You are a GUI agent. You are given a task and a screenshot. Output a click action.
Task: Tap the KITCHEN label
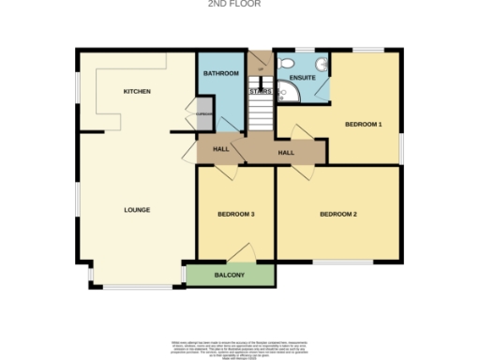click(138, 91)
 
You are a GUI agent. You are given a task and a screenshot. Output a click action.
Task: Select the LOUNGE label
click(138, 210)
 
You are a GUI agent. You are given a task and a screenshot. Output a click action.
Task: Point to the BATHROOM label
click(222, 73)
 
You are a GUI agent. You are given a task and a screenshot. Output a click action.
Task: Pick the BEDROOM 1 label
click(363, 124)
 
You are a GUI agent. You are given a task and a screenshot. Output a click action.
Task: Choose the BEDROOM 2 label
click(338, 215)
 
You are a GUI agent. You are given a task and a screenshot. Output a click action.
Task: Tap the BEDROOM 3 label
click(236, 215)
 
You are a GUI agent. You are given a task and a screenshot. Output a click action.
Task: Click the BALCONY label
click(229, 275)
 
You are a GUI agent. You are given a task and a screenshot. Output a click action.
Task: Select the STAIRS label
click(260, 92)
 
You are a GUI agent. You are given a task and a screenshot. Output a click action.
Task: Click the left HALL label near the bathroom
click(221, 149)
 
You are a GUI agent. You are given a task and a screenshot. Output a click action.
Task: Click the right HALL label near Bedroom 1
click(286, 152)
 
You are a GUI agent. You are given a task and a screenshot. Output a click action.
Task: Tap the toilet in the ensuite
click(320, 64)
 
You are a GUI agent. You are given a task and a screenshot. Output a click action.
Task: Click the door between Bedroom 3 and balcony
click(245, 251)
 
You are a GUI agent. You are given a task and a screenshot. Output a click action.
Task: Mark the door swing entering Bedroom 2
click(303, 172)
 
